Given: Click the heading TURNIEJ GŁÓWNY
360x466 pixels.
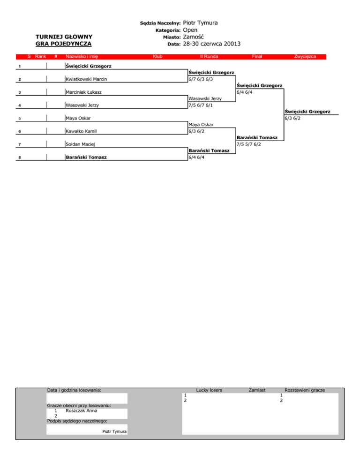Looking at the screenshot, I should [64, 37].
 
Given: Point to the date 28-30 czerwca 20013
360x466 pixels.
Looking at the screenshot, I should [212, 44].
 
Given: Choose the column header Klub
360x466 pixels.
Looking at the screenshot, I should [157, 56].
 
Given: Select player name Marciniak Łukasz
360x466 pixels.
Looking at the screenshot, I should [84, 92].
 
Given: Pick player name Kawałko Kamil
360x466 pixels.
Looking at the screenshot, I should [81, 131].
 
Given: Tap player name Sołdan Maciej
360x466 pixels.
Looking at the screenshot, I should [81, 144].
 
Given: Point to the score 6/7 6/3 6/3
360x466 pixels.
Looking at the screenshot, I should [203, 79].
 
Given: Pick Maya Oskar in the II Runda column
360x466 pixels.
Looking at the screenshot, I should [201, 125].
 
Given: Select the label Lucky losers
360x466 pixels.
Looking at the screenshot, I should [209, 390].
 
